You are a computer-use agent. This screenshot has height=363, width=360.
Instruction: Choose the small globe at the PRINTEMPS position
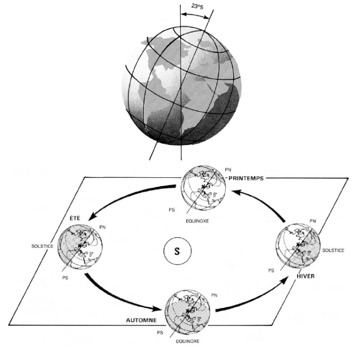203,189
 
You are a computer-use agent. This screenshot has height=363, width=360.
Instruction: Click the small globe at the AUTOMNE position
188,311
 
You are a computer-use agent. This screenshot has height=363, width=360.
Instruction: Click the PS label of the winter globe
271,271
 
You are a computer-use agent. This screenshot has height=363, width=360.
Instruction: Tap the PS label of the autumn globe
160,333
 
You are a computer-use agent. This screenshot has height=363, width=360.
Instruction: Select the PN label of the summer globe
102,226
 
